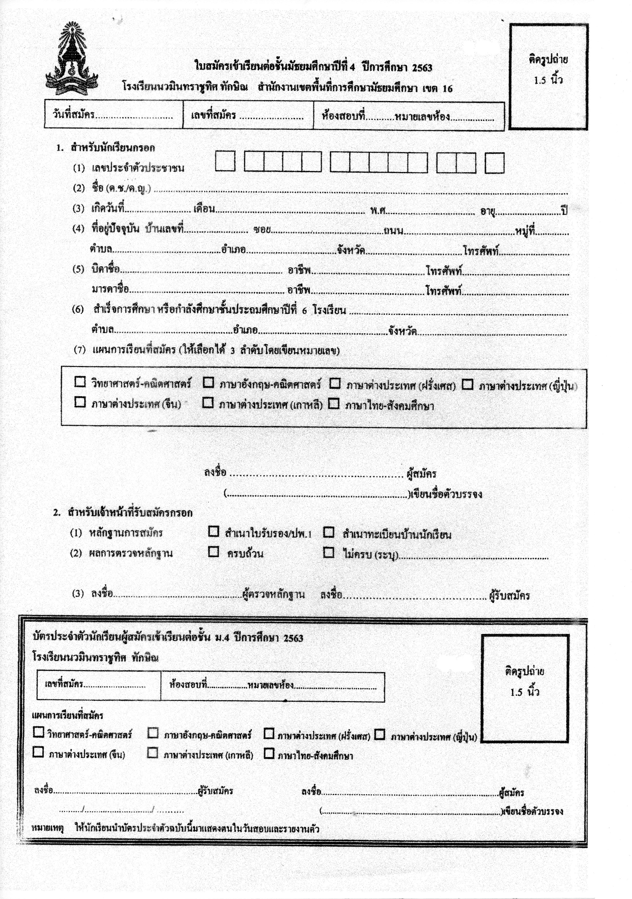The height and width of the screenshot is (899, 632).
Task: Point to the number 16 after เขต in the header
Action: tap(447, 89)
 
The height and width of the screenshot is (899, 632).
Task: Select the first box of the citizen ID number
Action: tap(225, 161)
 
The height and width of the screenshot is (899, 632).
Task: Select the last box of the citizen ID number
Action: tap(494, 163)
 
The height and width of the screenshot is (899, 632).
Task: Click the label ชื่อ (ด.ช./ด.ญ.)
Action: tap(121, 188)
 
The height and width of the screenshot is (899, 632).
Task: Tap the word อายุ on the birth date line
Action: tap(488, 211)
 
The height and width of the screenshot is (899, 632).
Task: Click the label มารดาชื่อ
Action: tap(110, 289)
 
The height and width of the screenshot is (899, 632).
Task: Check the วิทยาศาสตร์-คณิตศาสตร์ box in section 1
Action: tap(80, 382)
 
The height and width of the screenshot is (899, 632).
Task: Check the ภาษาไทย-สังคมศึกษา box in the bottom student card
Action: tap(269, 753)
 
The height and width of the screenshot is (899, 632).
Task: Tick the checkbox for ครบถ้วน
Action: tap(213, 552)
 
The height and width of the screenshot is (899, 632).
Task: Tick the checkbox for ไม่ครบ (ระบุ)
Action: tap(328, 552)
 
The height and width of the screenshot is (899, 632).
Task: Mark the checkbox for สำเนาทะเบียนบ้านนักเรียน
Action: tap(328, 532)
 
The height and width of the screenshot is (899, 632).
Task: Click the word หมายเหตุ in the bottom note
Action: tap(47, 828)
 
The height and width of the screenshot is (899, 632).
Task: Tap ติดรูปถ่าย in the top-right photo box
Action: tap(548, 60)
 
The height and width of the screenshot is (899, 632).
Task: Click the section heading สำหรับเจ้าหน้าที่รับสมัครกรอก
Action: tap(130, 513)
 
